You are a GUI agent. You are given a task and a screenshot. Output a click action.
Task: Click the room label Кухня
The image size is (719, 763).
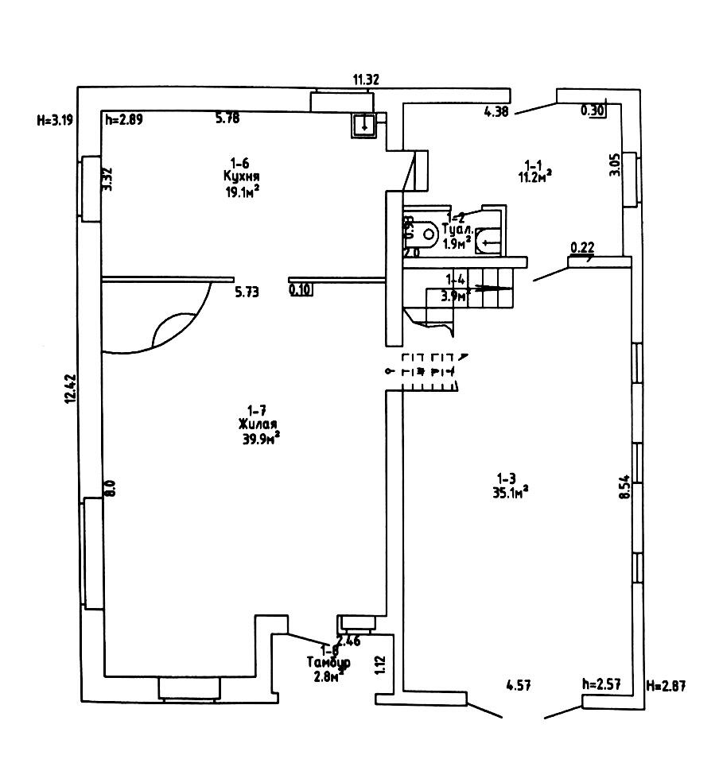pyautogui.click(x=243, y=176)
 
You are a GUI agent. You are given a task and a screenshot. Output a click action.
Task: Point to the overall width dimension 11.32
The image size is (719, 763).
pyautogui.click(x=366, y=79)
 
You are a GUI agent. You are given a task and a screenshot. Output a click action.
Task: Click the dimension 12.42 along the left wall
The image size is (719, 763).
pyautogui.click(x=70, y=389)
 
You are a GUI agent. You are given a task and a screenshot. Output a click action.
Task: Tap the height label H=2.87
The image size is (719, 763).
pyautogui.click(x=667, y=684)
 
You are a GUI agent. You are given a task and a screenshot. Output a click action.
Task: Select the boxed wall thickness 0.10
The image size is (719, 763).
pyautogui.click(x=300, y=291)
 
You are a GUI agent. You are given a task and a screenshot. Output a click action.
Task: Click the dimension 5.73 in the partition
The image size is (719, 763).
pyautogui.click(x=248, y=292)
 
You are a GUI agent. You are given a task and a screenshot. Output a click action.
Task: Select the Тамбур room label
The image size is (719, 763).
pyautogui.click(x=328, y=661)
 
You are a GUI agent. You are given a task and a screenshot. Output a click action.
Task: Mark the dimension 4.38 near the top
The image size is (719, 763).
pyautogui.click(x=496, y=112)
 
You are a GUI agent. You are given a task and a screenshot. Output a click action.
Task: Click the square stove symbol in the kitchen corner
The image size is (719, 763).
pyautogui.click(x=363, y=123)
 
